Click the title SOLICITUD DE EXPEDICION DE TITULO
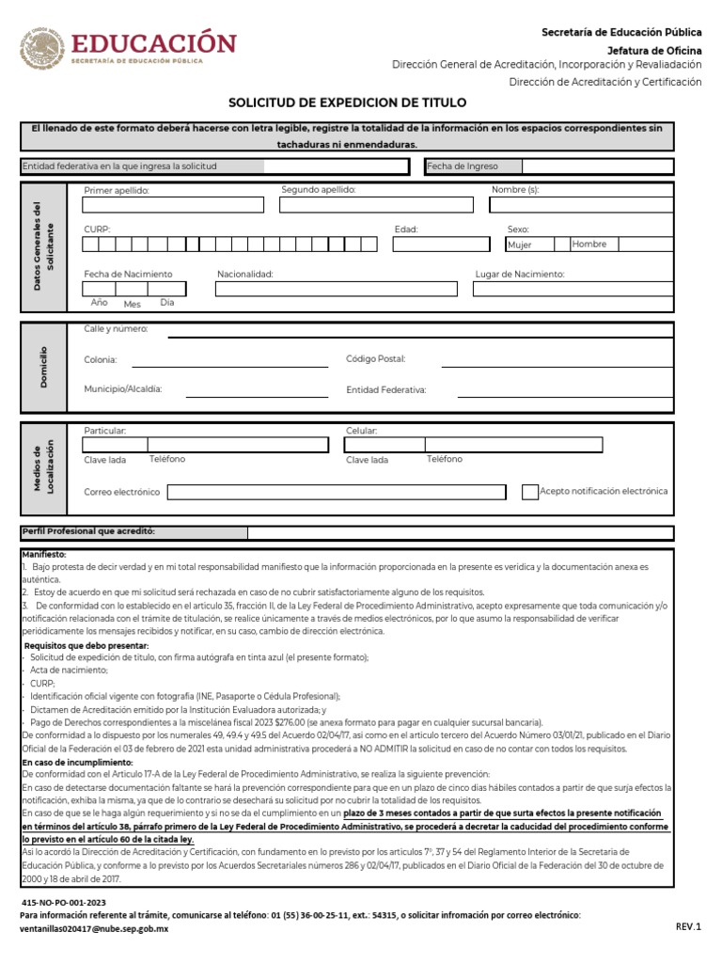tap(347, 102)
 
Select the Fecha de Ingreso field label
tap(462, 166)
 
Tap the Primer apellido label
tap(117, 190)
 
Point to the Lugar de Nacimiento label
tap(519, 274)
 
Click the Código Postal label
tap(375, 359)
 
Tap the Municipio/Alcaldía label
tap(123, 388)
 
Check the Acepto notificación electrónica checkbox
tap(530, 492)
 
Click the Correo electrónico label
tap(121, 492)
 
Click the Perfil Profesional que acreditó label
tap(87, 532)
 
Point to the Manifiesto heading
tap(43, 555)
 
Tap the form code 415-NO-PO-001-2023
tap(64, 902)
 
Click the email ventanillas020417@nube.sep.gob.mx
tap(94, 928)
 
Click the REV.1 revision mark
tap(688, 926)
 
